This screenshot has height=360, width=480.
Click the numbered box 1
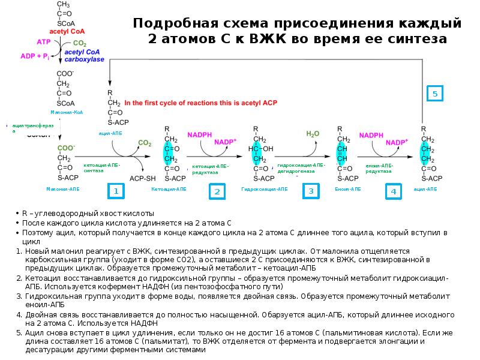point(116,191)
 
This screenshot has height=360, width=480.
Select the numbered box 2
point(217,191)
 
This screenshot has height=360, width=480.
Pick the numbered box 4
point(394,191)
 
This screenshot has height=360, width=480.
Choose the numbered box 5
point(436,94)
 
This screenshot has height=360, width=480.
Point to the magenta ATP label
point(44,42)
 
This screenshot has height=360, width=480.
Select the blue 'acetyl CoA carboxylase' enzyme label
point(84,56)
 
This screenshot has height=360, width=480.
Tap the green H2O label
point(313,134)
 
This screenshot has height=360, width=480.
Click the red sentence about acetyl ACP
point(200,103)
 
